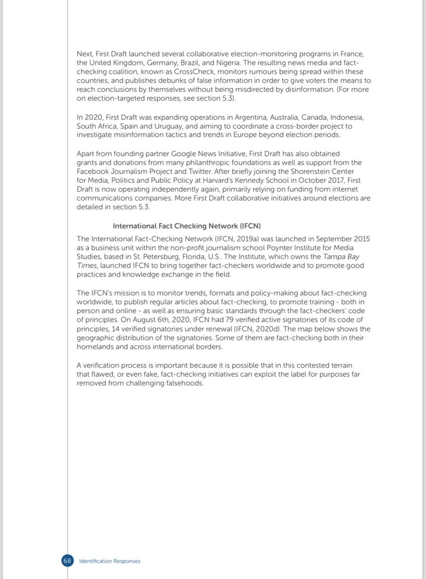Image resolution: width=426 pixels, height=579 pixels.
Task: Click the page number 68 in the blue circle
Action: coord(67,561)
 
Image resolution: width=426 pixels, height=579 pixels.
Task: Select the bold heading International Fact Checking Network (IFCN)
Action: coord(187,226)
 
